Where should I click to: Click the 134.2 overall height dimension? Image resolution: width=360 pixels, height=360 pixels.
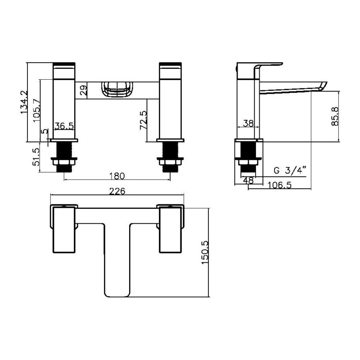[x=24, y=102]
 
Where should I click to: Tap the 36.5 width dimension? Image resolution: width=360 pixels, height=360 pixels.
[x=64, y=126]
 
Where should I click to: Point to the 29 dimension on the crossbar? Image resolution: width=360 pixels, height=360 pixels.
[x=84, y=90]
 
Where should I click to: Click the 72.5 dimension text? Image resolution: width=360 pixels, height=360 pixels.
[x=144, y=120]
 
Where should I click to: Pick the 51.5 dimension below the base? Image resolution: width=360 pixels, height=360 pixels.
[x=36, y=157]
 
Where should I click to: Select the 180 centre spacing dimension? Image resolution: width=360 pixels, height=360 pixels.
[x=117, y=176]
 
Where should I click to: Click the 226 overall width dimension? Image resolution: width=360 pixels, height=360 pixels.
[x=117, y=191]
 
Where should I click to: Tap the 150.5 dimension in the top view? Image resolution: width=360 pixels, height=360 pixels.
[x=205, y=252]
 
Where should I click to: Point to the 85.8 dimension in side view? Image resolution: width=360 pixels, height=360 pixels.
[x=335, y=116]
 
